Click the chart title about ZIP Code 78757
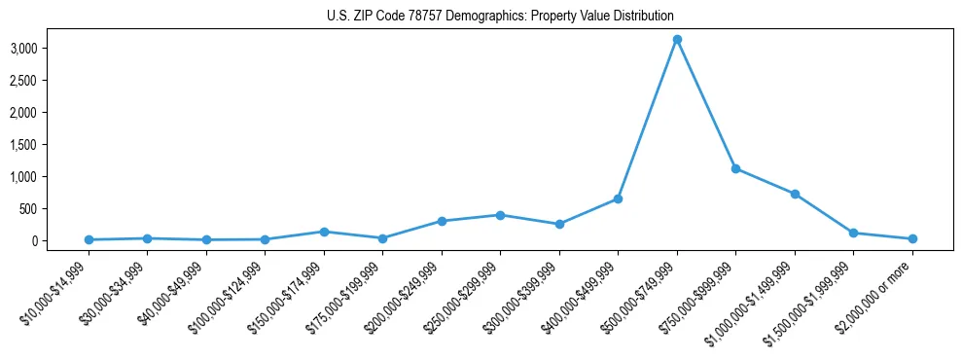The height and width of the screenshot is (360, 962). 500,17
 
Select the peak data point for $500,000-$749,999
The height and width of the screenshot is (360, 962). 677,39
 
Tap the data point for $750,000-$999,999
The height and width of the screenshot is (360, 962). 736,168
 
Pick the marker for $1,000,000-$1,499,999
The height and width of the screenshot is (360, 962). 795,194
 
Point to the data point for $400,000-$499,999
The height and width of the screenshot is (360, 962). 618,198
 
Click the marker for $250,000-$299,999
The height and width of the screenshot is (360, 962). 500,215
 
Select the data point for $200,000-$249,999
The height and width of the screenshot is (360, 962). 442,221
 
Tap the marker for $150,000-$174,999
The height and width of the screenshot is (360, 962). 324,232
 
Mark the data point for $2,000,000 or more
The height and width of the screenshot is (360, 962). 912,238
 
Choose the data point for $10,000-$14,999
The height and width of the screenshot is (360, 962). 89,239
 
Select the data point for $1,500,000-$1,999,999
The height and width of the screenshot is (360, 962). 854,233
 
